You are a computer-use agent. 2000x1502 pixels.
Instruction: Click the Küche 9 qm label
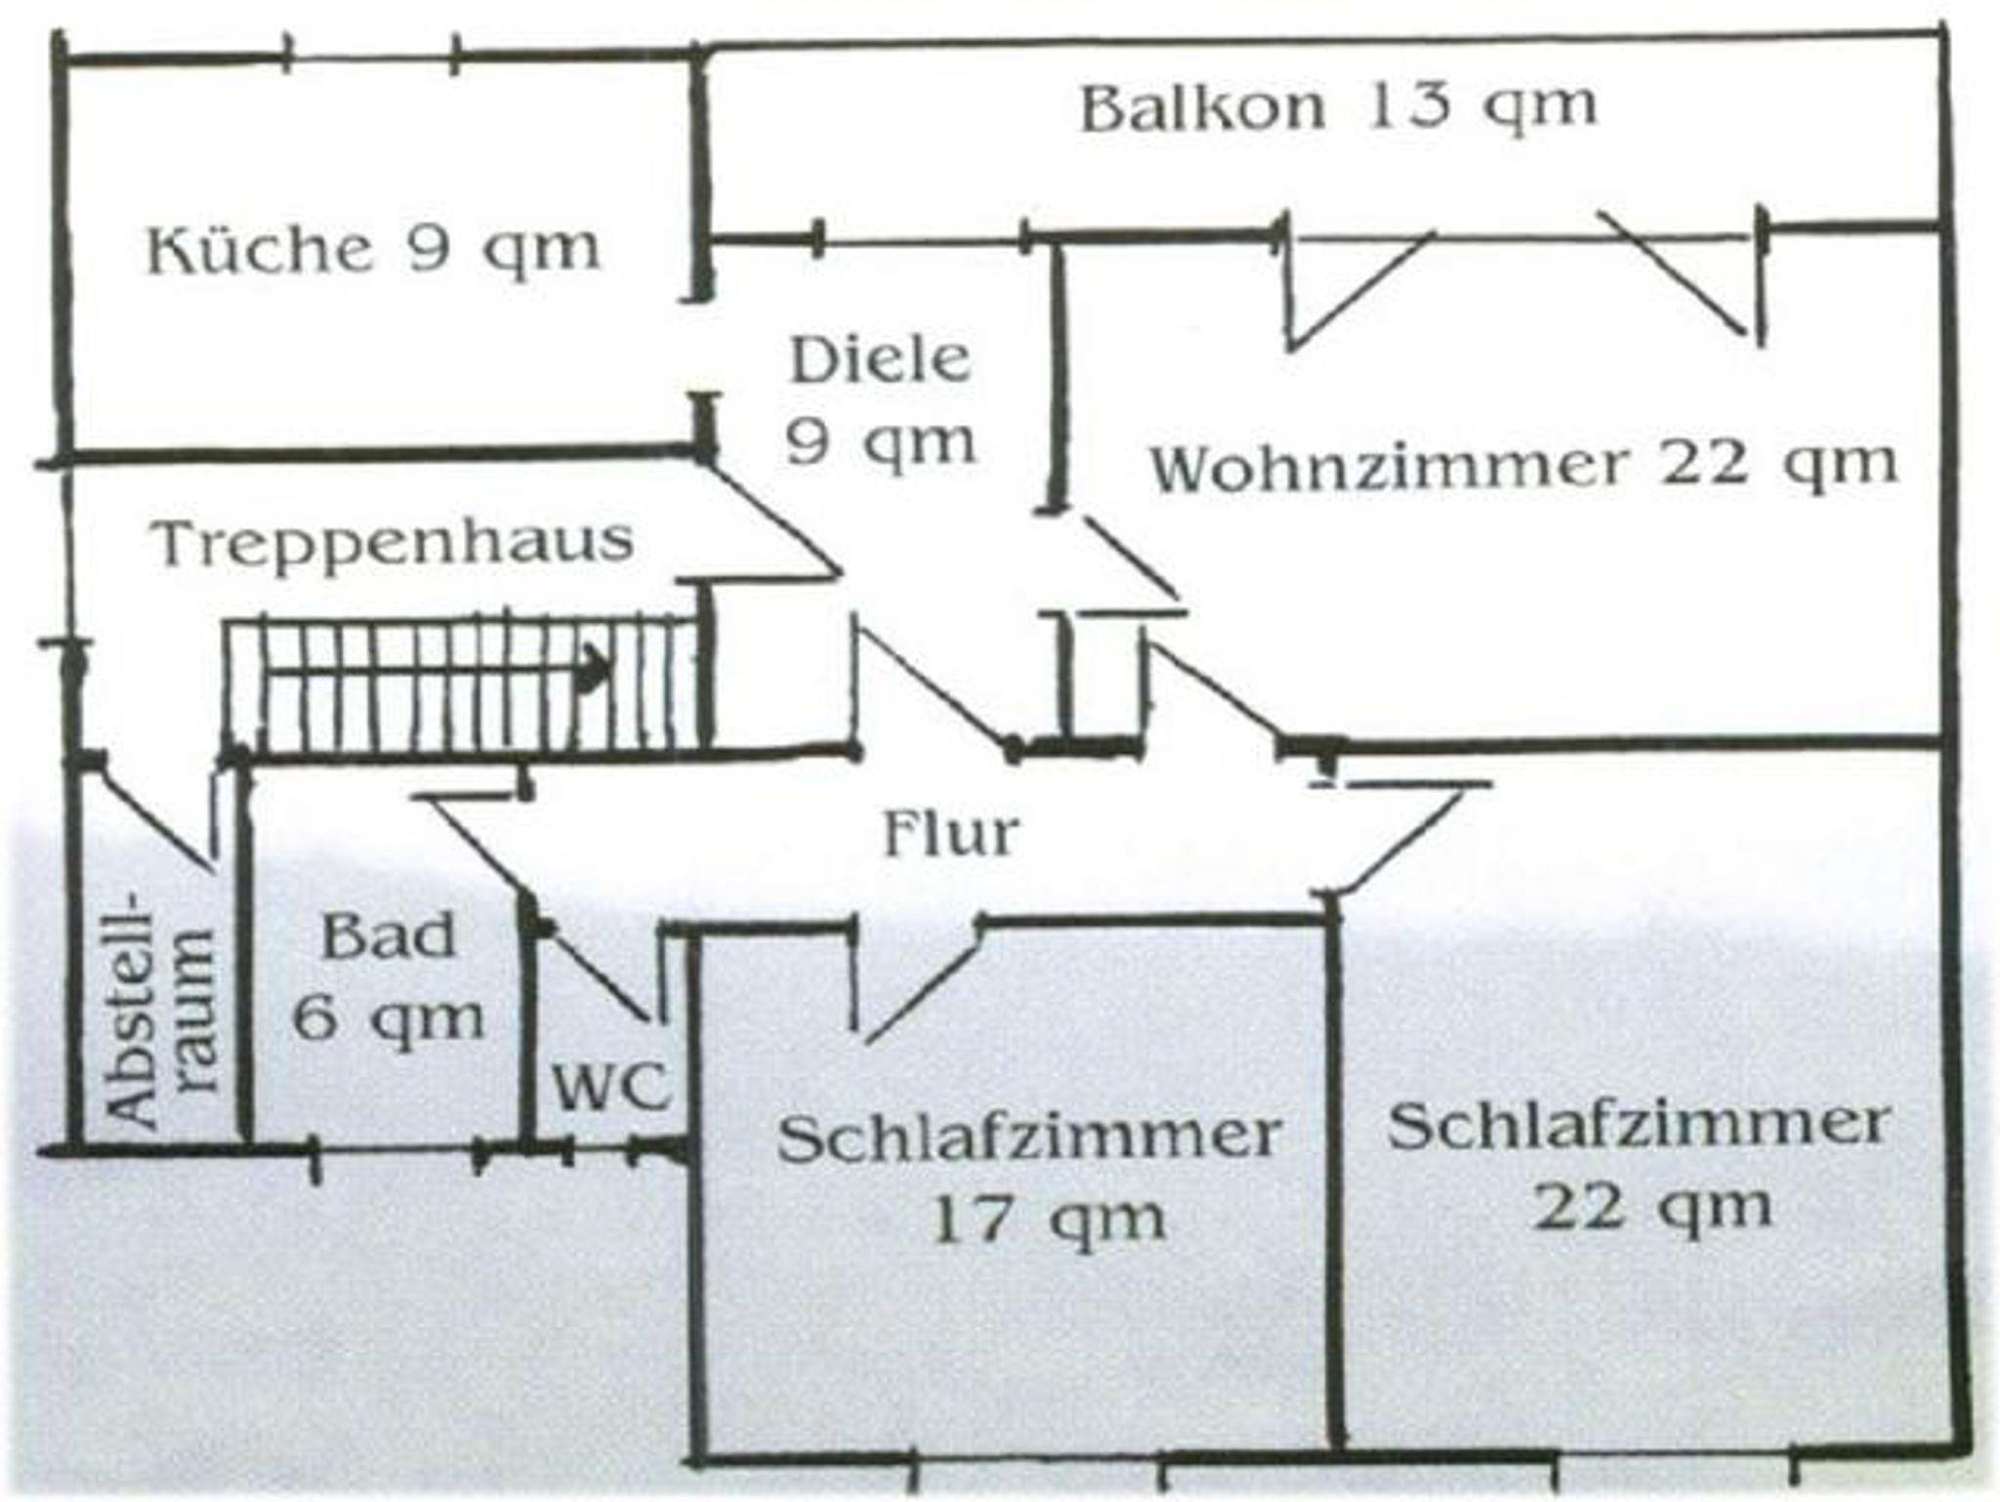373,249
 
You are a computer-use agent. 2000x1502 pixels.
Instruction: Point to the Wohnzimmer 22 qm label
1523,465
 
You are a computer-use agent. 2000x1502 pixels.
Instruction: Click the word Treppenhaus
393,542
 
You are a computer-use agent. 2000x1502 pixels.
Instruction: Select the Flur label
950,834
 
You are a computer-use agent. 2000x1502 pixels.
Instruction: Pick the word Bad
389,936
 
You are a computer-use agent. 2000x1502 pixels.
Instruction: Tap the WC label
610,1085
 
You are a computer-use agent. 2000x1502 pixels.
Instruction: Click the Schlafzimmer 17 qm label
1028,1176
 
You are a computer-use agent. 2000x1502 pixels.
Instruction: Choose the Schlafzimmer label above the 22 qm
1639,1125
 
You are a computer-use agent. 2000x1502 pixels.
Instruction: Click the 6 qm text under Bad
389,1019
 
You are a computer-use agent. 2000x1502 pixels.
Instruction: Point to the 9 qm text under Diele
880,442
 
